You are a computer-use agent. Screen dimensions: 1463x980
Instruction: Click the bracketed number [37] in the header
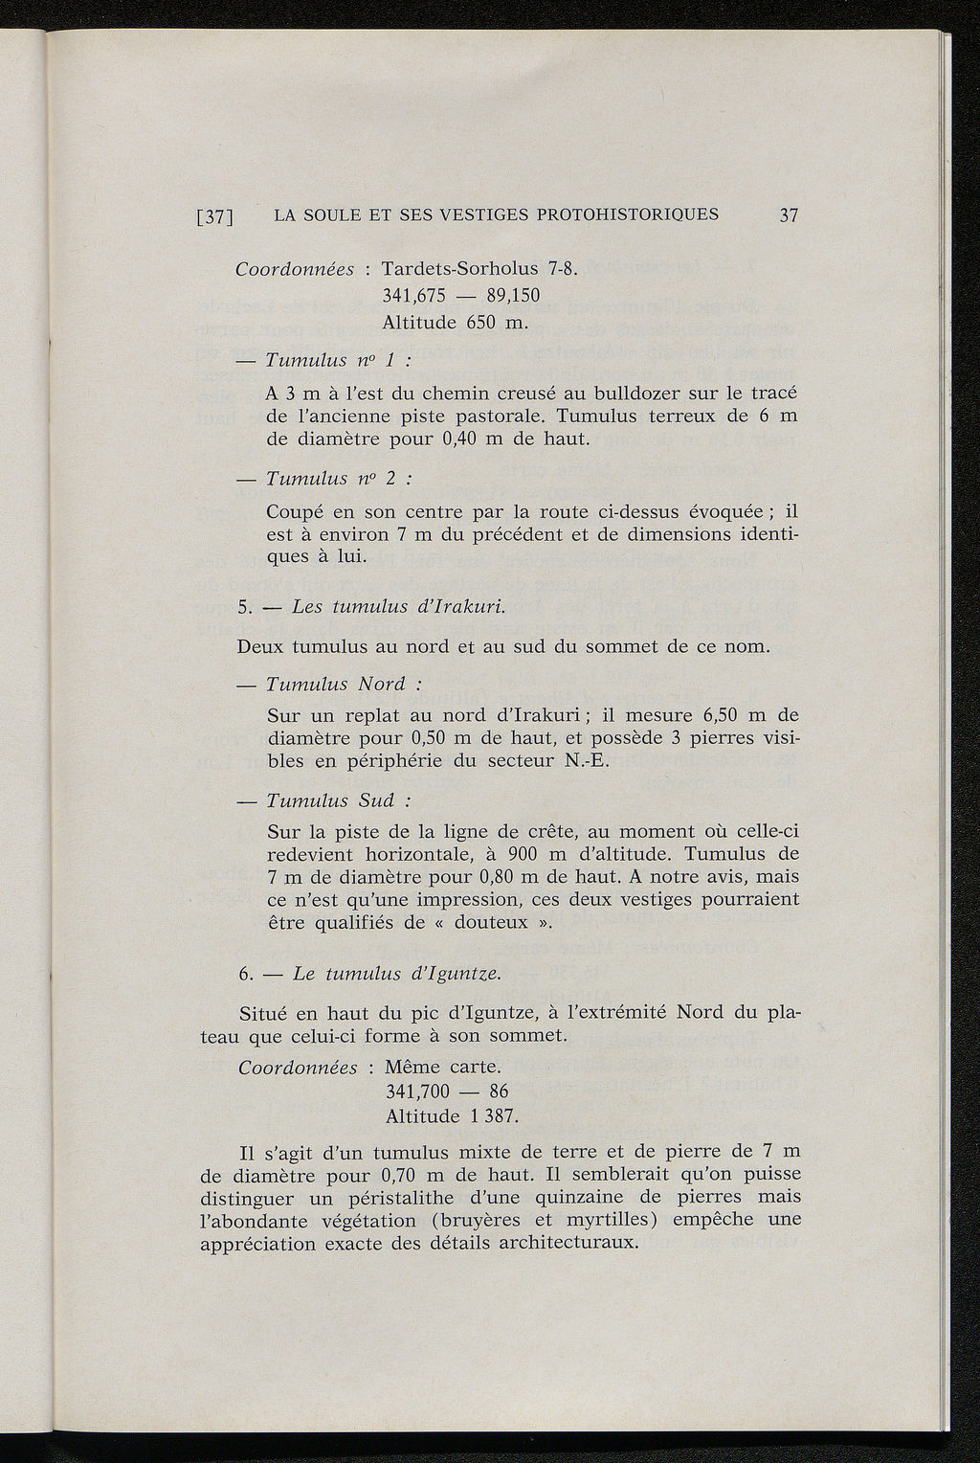pyautogui.click(x=215, y=216)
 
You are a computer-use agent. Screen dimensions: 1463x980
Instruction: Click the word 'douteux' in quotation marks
pyautogui.click(x=491, y=923)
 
